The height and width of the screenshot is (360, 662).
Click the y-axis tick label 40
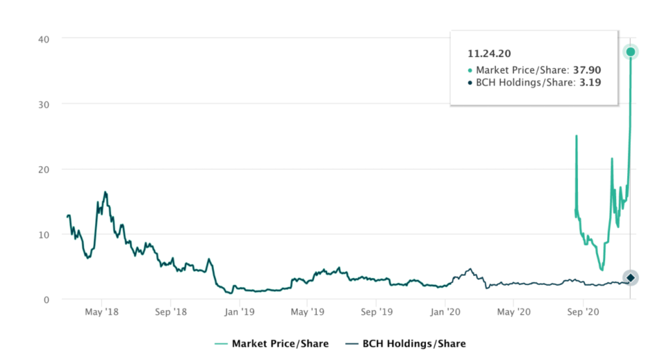47,38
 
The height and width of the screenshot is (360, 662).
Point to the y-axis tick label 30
47,103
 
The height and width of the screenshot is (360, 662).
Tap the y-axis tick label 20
47,169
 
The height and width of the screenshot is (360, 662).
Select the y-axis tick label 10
47,234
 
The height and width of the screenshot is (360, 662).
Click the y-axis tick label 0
50,299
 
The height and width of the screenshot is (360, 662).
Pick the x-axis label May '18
101,312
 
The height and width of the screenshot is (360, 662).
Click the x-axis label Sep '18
171,312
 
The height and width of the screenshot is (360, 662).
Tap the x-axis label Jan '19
239,312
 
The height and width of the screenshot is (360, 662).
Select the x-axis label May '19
308,312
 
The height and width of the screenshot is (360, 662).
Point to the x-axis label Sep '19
377,312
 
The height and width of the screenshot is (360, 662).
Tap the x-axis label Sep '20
582,312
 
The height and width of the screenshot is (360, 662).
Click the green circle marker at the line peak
630,52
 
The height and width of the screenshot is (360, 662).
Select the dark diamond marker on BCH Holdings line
630,278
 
